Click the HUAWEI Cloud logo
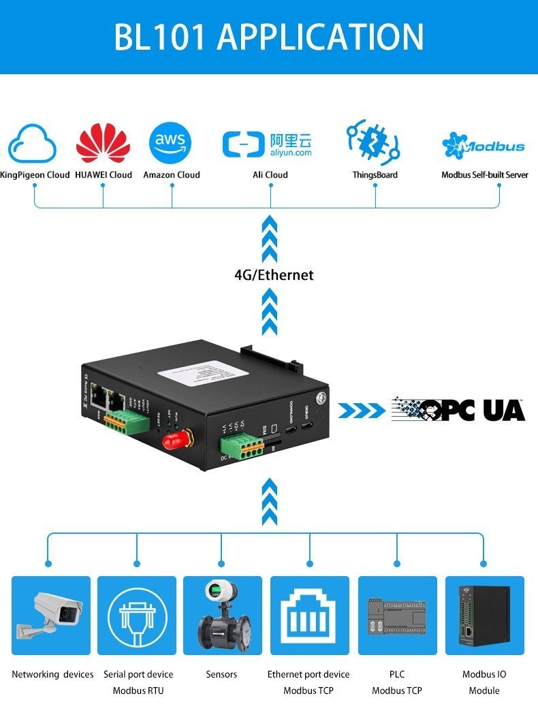point(103,143)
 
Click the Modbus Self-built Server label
point(484,175)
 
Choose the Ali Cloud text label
point(270,175)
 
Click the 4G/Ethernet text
point(274,275)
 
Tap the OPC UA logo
point(458,409)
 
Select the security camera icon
point(50,614)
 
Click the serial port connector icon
point(137,615)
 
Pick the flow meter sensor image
point(222,615)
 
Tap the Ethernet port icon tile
point(309,615)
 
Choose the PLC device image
point(397,616)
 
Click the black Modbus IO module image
point(485,615)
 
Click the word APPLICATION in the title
point(320,37)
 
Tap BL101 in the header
point(159,37)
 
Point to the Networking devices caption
point(52,674)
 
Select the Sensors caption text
point(221,674)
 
